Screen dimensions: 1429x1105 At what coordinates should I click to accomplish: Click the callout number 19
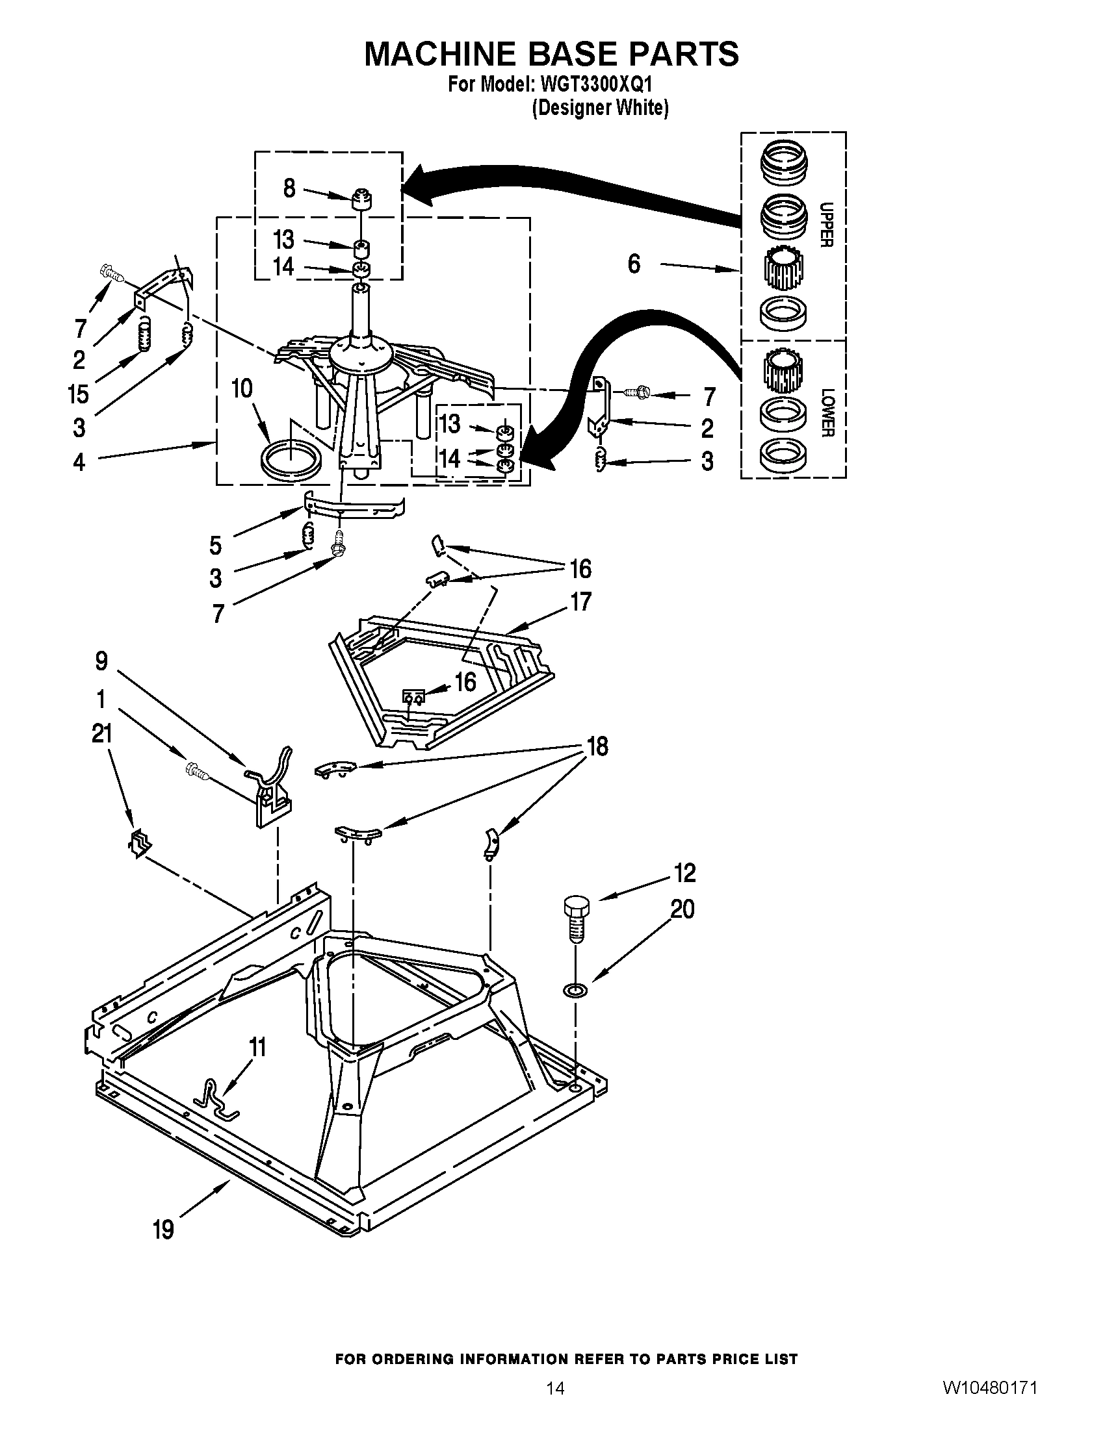164,1230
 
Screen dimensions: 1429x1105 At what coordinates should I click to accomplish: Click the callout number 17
580,601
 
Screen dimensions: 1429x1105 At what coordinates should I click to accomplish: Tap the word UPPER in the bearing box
826,225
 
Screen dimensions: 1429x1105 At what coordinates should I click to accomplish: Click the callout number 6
634,264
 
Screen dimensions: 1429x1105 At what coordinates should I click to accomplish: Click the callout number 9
101,661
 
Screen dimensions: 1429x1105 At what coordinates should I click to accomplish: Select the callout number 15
78,394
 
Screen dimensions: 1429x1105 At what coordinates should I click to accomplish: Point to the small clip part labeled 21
140,844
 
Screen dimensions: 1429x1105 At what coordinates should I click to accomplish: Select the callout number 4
79,462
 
